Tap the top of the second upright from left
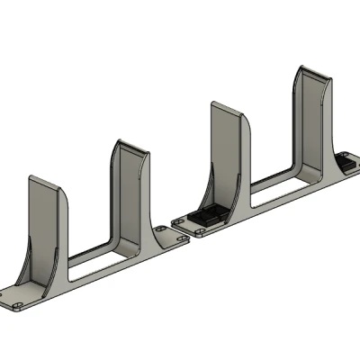pyautogui.click(x=130, y=145)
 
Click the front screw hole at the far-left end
pyautogui.click(x=18, y=308)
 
